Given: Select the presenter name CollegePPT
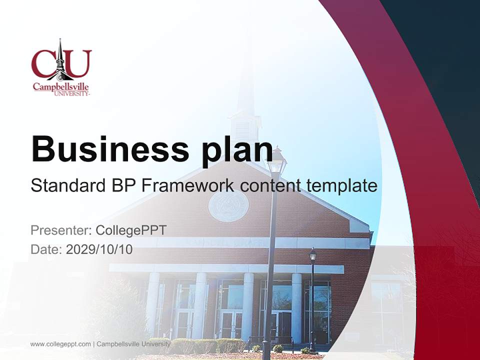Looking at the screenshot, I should click(x=131, y=230).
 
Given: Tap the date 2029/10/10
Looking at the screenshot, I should click(x=99, y=249).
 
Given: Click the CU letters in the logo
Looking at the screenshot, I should click(x=61, y=63).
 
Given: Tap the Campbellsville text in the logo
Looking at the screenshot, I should click(x=60, y=86).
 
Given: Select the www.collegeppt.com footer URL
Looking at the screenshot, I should click(x=60, y=344).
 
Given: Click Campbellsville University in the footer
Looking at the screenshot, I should click(x=133, y=344).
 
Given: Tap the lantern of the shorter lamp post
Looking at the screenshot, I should click(x=312, y=255).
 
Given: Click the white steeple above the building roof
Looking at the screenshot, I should click(x=245, y=110).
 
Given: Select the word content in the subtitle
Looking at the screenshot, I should click(x=270, y=186).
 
